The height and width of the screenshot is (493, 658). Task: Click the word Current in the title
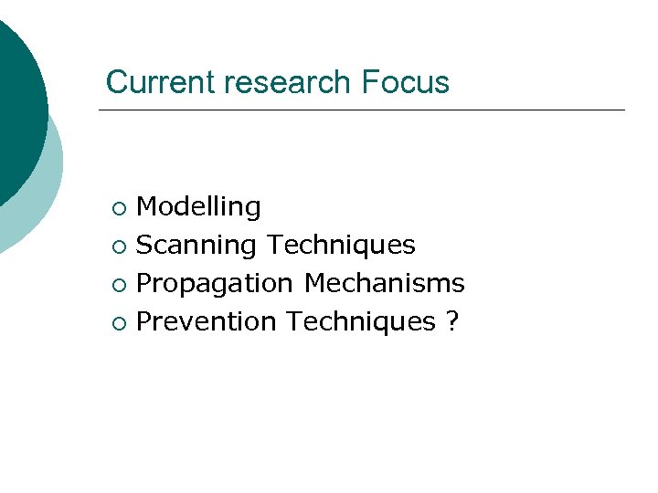pyautogui.click(x=161, y=82)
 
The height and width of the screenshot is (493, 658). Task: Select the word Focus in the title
pyautogui.click(x=405, y=82)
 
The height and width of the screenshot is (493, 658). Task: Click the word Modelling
pyautogui.click(x=198, y=207)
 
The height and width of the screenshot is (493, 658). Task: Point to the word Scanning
pyautogui.click(x=196, y=245)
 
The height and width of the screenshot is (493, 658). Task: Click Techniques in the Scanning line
pyautogui.click(x=341, y=245)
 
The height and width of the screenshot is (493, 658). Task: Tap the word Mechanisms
pyautogui.click(x=384, y=283)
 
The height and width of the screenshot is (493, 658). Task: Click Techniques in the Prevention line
pyautogui.click(x=360, y=321)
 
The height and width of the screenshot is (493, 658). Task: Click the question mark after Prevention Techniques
pyautogui.click(x=451, y=321)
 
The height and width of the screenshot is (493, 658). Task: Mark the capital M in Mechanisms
pyautogui.click(x=314, y=283)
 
